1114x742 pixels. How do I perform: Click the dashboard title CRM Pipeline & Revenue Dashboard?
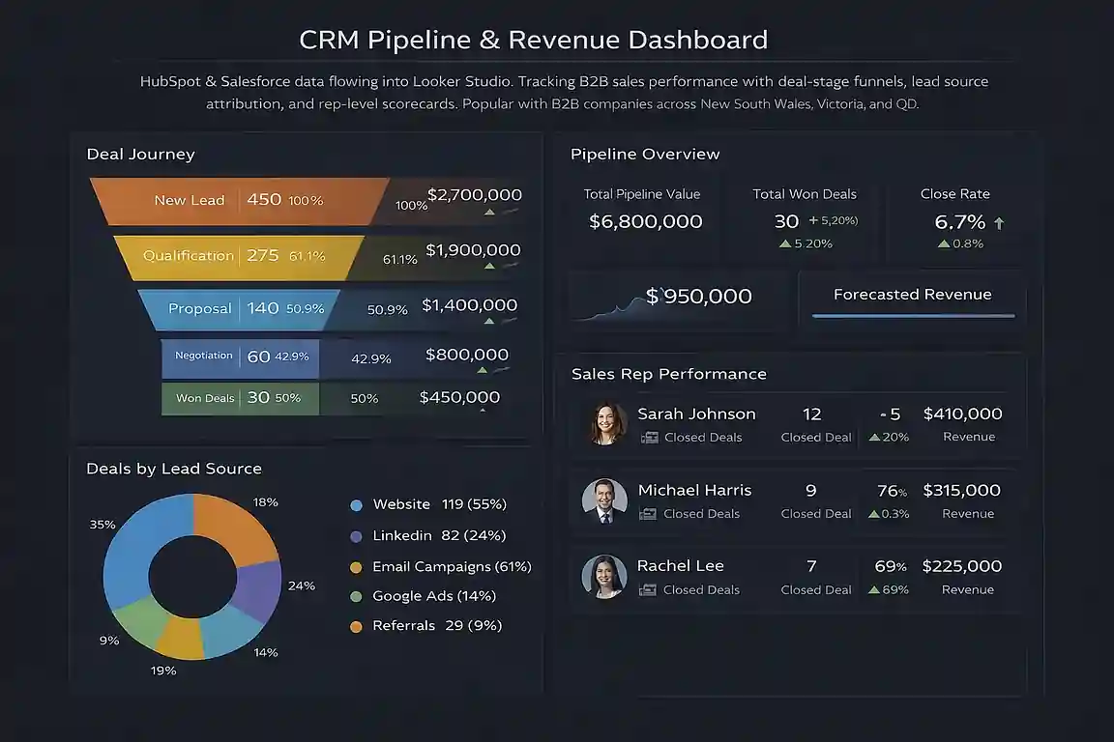(534, 40)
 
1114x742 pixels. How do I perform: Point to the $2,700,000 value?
(474, 195)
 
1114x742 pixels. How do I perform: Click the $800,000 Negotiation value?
(467, 355)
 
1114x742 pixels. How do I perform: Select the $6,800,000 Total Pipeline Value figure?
(646, 221)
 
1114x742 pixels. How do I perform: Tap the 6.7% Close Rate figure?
(960, 222)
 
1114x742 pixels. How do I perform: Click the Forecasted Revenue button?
(912, 296)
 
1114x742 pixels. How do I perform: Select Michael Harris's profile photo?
(605, 499)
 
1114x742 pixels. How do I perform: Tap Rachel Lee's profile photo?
(604, 576)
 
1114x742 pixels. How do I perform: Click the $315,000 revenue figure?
(962, 491)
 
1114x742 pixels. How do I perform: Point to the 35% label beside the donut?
(103, 525)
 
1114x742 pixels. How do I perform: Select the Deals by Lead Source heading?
(174, 469)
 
